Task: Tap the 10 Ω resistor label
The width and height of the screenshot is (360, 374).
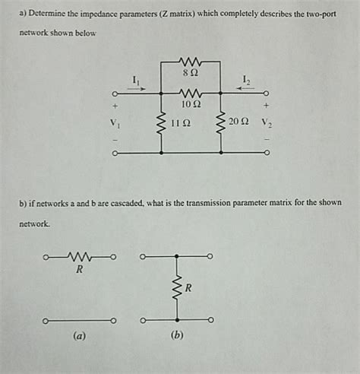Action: (x=191, y=103)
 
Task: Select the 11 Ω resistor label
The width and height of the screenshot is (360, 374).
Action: (x=179, y=122)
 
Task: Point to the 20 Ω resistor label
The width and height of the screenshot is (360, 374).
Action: (x=238, y=122)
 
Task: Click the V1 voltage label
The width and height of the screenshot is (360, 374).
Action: (x=115, y=122)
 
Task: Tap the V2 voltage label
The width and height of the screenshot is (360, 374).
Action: (x=266, y=122)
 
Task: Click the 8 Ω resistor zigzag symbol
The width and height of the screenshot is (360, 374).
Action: (x=191, y=62)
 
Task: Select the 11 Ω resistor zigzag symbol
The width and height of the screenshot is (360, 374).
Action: (x=161, y=122)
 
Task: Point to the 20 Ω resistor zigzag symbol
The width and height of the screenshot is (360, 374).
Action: (x=220, y=122)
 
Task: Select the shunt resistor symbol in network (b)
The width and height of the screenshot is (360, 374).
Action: (x=177, y=289)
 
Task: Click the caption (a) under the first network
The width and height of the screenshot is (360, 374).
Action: (x=78, y=334)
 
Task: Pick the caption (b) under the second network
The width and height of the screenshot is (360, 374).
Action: (x=177, y=334)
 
